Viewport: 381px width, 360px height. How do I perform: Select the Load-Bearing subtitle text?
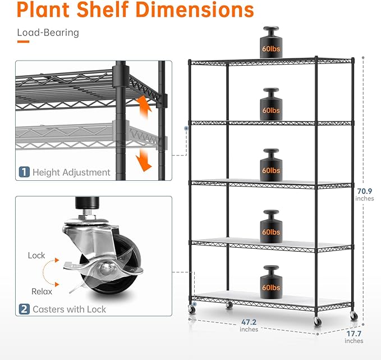point(48,33)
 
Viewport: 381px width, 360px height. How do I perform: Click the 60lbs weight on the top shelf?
point(271,44)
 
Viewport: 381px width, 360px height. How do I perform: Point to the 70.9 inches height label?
point(364,194)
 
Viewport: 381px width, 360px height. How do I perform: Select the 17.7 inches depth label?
point(354,337)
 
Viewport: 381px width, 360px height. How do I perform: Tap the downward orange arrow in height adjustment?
point(145,157)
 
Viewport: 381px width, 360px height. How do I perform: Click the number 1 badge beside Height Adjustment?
point(24,172)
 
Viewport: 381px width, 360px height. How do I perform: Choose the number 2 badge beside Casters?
point(24,309)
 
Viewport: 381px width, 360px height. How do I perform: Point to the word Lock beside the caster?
point(36,256)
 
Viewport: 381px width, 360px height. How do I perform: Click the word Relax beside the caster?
point(42,291)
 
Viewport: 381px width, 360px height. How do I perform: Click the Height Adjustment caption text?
point(71,172)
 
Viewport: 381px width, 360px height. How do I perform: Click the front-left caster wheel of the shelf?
point(194,309)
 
